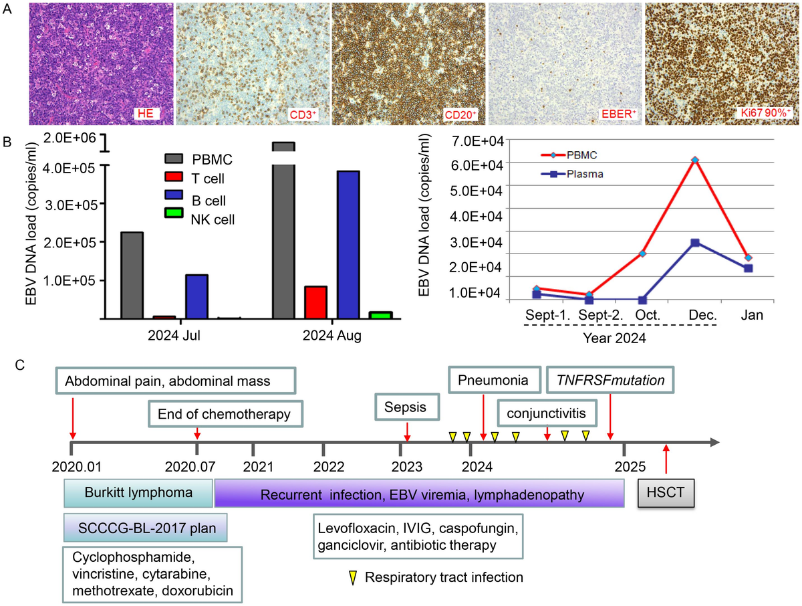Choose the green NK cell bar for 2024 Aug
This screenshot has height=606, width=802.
point(380,314)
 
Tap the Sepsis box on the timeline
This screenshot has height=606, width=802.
point(407,405)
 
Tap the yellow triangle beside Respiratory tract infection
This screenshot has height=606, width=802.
point(350,576)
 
